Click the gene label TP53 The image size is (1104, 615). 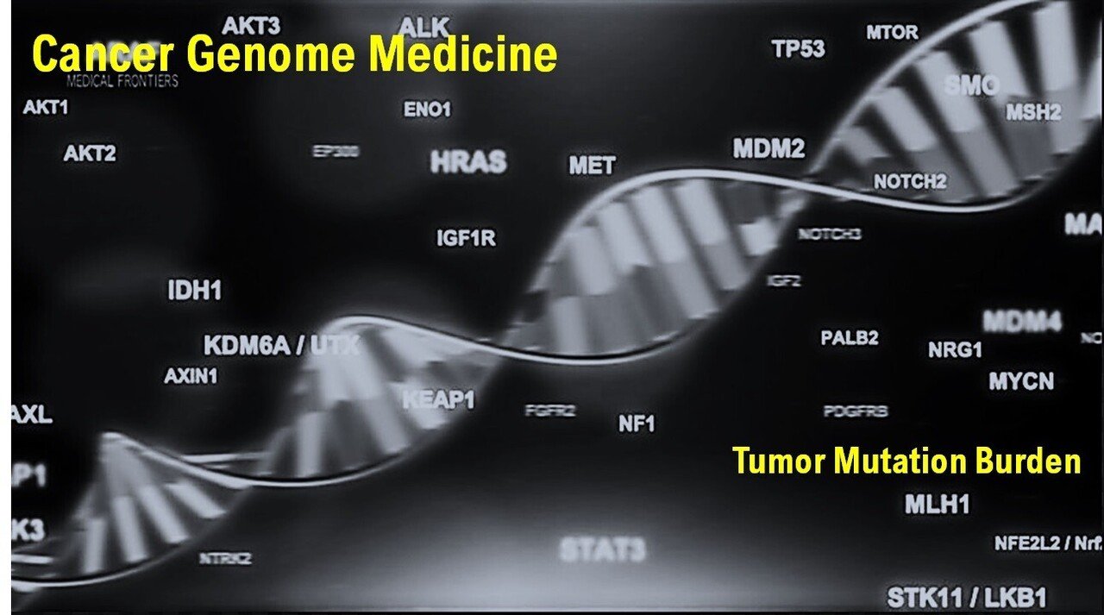pos(799,49)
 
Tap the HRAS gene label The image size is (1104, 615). pos(468,162)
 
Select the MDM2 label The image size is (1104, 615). pos(768,148)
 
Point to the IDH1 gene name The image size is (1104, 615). pos(194,291)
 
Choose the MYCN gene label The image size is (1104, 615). pos(1021,380)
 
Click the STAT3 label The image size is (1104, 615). pos(602,549)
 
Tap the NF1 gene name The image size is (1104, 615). pos(637,424)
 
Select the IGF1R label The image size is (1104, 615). pos(466,238)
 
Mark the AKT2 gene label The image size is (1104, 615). pos(90,154)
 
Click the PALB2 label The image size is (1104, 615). pos(849,337)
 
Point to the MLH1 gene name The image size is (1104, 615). pos(937,505)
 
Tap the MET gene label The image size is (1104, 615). pos(592,166)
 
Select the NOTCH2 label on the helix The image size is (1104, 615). pos(910,182)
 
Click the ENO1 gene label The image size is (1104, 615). pos(427,110)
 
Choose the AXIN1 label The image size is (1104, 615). pos(191,376)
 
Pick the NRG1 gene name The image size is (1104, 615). pos(955,350)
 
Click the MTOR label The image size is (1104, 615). pos(892,33)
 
